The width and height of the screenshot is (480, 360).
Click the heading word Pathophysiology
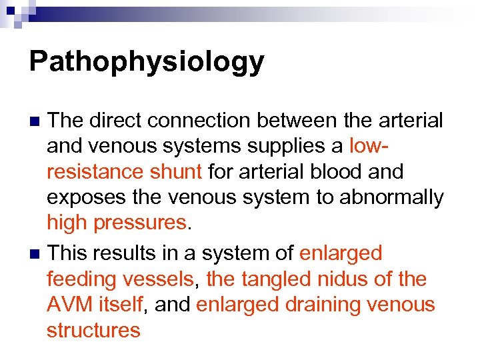click(x=147, y=62)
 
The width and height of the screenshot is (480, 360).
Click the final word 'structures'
click(x=93, y=330)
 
